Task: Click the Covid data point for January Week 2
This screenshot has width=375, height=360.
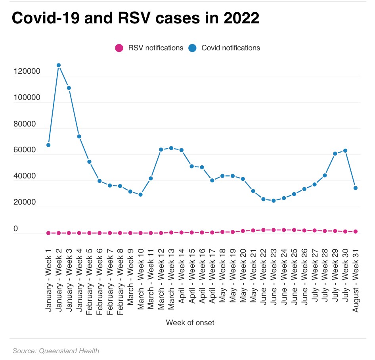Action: (59, 65)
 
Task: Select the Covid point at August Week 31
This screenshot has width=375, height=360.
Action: (356, 188)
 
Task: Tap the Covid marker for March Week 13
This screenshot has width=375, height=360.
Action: (171, 148)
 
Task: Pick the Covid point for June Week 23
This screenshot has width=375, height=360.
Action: (274, 201)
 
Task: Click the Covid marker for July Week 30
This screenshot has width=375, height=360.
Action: (345, 151)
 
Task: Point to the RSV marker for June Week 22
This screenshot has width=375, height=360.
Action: (263, 230)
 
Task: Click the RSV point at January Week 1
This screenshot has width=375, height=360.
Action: (48, 233)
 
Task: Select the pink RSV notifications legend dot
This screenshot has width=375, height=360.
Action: (119, 48)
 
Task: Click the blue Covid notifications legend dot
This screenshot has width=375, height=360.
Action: (193, 48)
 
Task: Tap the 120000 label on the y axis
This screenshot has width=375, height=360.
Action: (27, 72)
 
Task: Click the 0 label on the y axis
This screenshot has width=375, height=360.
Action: (16, 229)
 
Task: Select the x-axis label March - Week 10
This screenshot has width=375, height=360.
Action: (141, 280)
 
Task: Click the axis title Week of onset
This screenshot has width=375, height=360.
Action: (190, 322)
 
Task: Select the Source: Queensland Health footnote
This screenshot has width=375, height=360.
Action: (56, 351)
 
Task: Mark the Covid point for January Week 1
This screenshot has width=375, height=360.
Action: (48, 145)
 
